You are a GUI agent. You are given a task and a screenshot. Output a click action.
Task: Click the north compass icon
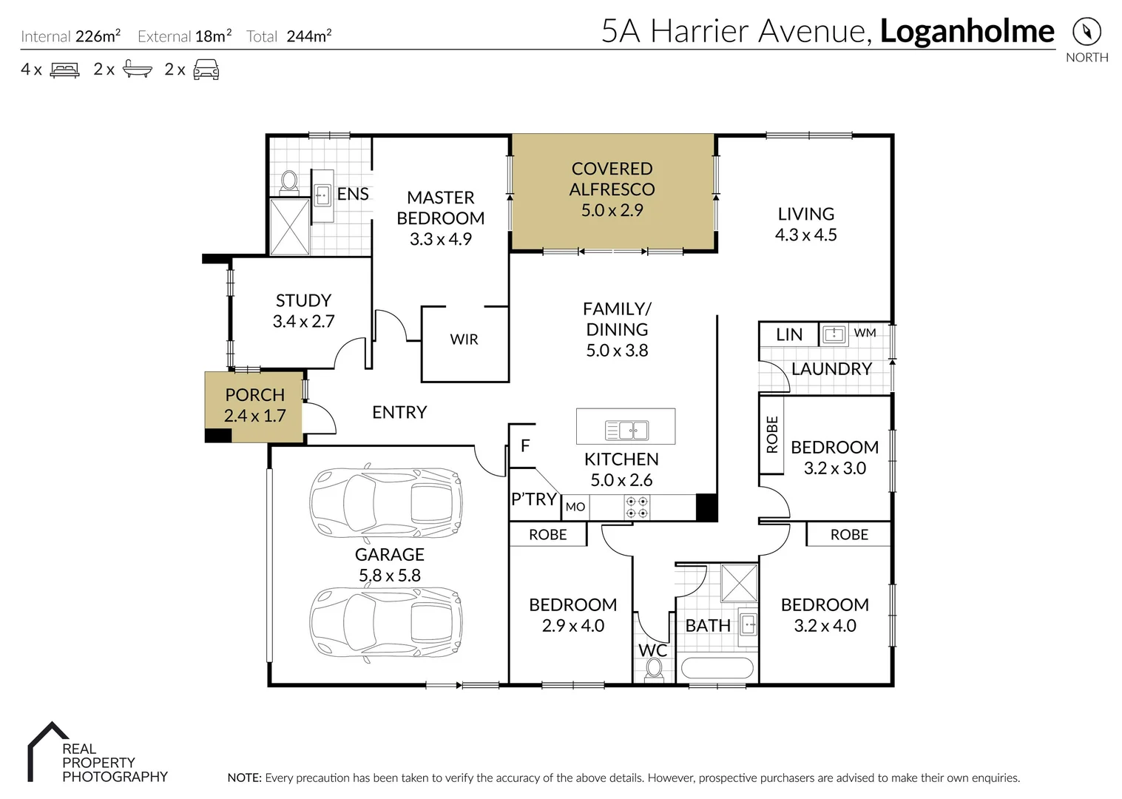coord(1086,32)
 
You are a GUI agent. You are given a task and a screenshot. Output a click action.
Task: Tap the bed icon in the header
coord(64,70)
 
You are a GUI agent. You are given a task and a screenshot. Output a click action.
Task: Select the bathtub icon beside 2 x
coord(137,70)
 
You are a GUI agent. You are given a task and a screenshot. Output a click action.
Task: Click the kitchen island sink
coord(626,430)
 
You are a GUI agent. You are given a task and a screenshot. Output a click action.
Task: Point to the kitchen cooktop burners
coord(638,507)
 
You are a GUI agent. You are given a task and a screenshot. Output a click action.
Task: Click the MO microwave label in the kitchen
coord(575,507)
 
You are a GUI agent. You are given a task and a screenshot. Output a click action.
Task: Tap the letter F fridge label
coord(525,445)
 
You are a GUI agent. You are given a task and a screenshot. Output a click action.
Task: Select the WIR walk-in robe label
coord(464,340)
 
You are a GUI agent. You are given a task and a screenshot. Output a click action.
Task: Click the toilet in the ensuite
coord(289,181)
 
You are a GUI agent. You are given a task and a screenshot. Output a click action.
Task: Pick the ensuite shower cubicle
coord(289,226)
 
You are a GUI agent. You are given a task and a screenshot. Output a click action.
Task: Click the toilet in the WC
coord(653,668)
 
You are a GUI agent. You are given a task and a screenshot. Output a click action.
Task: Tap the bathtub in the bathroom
coord(716,668)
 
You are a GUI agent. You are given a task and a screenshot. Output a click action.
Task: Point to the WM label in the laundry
coord(865,333)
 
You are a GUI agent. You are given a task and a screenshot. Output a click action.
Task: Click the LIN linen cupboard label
coord(788,334)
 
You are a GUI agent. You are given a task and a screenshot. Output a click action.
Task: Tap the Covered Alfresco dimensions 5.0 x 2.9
coord(612,210)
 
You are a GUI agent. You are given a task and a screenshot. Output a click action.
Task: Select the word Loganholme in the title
coord(967,31)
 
